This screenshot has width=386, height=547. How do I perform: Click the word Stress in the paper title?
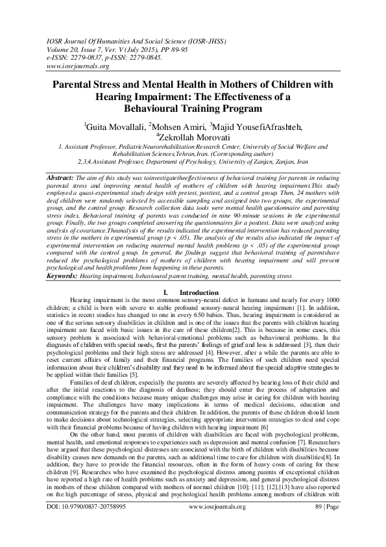(x=116, y=85)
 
